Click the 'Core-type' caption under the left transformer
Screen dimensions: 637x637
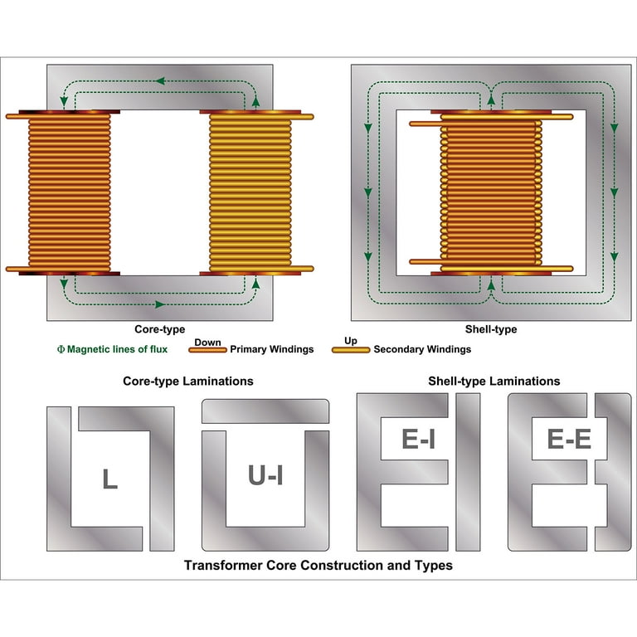(x=159, y=329)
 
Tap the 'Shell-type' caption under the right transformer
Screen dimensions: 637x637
(x=491, y=329)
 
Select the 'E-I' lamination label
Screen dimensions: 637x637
(x=418, y=439)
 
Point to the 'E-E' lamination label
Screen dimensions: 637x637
(x=569, y=439)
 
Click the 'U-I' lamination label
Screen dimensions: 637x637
(x=265, y=475)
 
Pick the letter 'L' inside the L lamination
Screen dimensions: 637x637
(x=109, y=479)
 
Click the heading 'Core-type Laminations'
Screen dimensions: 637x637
(x=188, y=381)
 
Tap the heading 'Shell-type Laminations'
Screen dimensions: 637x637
(x=494, y=381)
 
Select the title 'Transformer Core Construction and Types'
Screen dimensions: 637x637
(x=318, y=565)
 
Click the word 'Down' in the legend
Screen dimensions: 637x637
(x=207, y=342)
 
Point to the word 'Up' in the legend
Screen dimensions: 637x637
(x=351, y=341)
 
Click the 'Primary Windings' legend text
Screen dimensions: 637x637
(x=272, y=349)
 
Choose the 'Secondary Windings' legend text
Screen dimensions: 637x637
(x=422, y=349)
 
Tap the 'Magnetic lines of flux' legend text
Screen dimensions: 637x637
(x=113, y=349)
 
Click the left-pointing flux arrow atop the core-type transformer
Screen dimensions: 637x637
(x=161, y=80)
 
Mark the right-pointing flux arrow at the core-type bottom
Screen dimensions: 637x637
(x=160, y=304)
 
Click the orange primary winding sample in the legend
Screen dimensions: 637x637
(x=207, y=350)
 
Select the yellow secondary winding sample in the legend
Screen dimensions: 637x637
(x=351, y=350)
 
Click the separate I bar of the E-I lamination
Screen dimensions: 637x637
(x=468, y=472)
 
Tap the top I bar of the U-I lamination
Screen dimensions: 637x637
(x=265, y=411)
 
